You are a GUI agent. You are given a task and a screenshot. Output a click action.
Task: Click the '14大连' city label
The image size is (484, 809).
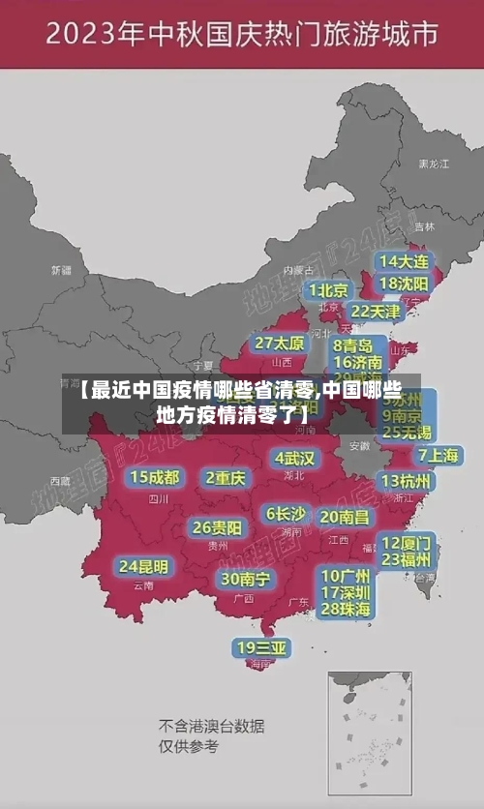(404, 262)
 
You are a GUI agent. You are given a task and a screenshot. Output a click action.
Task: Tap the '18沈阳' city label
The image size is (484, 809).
(404, 284)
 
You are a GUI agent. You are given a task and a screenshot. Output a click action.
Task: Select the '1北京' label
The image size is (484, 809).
(329, 290)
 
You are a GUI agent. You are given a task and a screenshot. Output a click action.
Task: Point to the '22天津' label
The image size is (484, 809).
(376, 312)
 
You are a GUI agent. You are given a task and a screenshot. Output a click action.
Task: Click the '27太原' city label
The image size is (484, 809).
(280, 344)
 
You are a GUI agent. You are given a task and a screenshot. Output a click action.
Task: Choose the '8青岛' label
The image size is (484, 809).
(353, 345)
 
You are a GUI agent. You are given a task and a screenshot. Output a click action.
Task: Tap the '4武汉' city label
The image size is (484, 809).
(294, 458)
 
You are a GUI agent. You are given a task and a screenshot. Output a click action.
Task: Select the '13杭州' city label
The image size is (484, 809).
(407, 481)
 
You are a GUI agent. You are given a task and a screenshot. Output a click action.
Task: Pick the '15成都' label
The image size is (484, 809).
(155, 477)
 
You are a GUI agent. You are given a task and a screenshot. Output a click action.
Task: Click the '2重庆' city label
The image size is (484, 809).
(226, 478)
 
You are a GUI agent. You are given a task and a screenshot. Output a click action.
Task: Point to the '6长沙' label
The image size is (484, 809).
(286, 514)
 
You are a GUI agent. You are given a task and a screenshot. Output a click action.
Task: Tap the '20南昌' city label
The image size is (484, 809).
(345, 517)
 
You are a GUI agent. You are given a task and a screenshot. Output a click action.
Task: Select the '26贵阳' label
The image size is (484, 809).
(217, 527)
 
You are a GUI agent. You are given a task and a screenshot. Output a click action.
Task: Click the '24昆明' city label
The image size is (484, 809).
(143, 566)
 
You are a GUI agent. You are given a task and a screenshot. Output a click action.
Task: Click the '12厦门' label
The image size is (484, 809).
(407, 542)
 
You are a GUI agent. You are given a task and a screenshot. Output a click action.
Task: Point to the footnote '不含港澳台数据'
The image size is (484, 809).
(211, 726)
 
